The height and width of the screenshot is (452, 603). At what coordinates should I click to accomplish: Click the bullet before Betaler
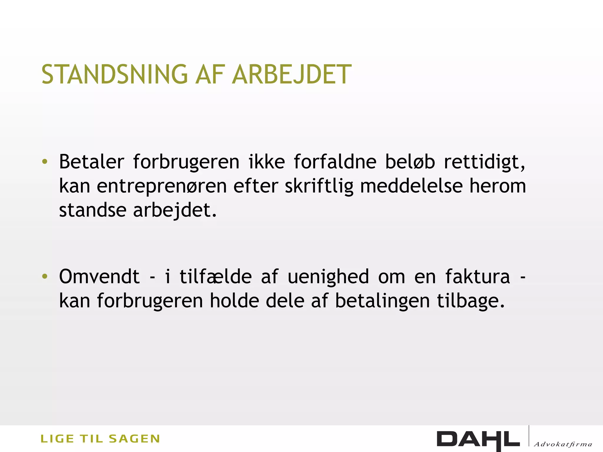tap(44, 162)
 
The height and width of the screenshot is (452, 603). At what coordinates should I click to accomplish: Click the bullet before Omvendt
tap(44, 276)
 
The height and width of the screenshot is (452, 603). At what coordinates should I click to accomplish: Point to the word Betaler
tap(92, 162)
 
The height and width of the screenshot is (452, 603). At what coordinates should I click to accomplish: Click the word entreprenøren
tap(162, 187)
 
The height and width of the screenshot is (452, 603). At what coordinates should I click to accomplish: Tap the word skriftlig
tap(319, 187)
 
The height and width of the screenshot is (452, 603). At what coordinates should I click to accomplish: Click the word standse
tap(92, 210)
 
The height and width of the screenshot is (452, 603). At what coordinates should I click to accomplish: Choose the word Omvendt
tap(99, 276)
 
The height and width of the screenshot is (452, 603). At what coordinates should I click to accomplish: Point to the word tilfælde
tap(216, 276)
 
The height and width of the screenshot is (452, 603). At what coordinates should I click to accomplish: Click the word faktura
tap(477, 276)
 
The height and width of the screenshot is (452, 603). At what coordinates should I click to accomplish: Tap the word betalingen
tap(382, 301)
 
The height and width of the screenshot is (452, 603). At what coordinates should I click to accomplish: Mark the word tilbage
tap(471, 301)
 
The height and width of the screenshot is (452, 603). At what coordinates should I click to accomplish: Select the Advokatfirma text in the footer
tap(563, 444)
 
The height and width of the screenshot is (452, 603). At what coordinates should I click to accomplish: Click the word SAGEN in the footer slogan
tap(134, 439)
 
